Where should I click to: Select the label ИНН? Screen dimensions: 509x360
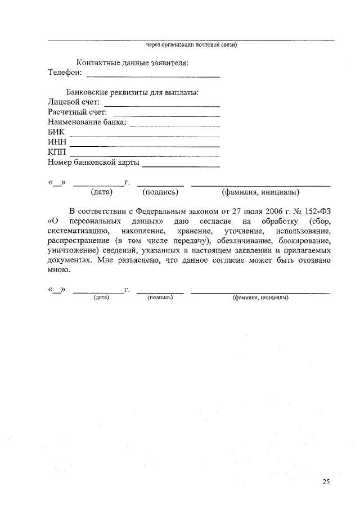click(58, 142)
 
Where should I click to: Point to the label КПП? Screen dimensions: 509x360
click(57, 152)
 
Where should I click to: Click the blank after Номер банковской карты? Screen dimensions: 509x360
click(181, 165)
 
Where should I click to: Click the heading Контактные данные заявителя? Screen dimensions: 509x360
click(132, 62)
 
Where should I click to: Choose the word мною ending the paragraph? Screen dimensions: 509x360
click(59, 271)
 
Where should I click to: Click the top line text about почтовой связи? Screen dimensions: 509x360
click(191, 45)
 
